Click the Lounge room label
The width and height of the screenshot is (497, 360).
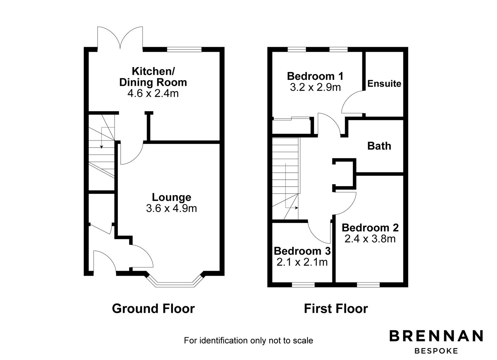point(172,197)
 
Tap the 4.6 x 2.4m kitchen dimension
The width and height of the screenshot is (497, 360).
point(153,93)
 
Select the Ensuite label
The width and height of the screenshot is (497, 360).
point(384,84)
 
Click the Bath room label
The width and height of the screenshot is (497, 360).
point(379,146)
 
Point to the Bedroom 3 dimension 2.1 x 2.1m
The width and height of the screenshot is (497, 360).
point(302,262)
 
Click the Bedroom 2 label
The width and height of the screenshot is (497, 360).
point(370,228)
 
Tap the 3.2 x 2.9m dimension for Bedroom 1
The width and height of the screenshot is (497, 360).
point(315,87)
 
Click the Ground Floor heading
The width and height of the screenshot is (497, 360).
point(153,309)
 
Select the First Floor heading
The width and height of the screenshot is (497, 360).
point(336,309)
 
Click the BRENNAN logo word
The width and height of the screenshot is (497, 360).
point(436,336)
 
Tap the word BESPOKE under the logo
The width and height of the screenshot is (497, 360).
point(436,351)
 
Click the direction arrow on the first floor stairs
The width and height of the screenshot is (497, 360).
point(296,208)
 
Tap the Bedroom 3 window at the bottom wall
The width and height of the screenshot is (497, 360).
point(303,285)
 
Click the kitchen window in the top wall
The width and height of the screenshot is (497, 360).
point(184,50)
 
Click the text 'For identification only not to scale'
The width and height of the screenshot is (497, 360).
point(248,341)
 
